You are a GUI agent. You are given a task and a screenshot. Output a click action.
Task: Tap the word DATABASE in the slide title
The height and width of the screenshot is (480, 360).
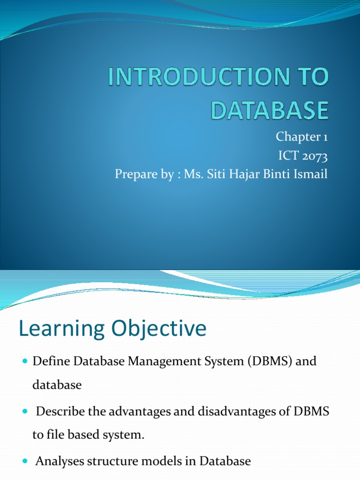coord(269,111)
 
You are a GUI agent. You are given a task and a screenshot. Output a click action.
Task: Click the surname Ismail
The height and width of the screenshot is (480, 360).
coord(311,174)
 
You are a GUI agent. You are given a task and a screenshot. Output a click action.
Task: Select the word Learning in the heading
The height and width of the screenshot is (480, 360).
coord(59,329)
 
